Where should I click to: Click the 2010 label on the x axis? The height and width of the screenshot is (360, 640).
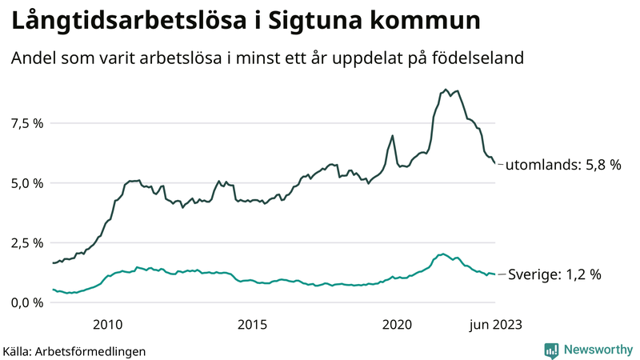point(107,324)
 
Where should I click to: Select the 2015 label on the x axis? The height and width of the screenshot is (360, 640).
point(252,324)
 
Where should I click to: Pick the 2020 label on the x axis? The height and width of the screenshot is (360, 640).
point(397,324)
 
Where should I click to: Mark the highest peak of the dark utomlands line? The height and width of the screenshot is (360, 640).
point(446,90)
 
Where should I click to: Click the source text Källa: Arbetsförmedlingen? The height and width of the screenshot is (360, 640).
point(74,350)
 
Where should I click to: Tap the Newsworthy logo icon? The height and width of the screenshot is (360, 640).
point(551,349)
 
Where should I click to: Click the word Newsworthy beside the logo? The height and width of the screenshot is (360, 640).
point(597,349)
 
